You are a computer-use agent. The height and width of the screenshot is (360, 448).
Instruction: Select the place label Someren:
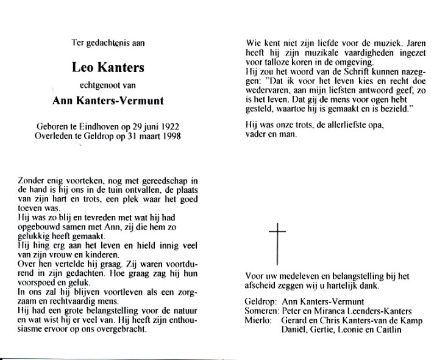pos(261,311)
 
